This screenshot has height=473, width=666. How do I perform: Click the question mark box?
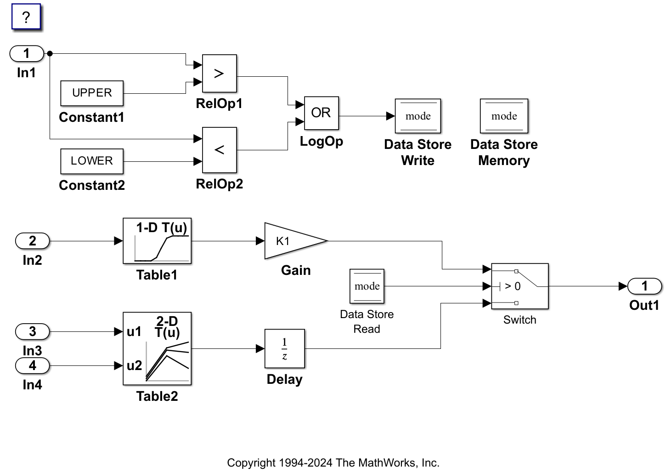coord(26,17)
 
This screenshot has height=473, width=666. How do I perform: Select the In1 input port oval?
coord(27,54)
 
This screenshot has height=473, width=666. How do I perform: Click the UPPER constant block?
coord(92,93)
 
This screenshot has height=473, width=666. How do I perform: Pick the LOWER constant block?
coord(92,161)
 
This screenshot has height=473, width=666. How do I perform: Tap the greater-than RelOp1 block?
coord(219,74)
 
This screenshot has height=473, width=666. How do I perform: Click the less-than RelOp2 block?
coord(219,150)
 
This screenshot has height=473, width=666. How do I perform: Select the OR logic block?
coord(321,113)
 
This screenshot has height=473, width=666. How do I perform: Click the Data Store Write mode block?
coord(418,116)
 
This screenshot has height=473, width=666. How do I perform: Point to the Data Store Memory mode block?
coord(504,116)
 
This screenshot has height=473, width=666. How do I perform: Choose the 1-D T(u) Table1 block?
coord(157,241)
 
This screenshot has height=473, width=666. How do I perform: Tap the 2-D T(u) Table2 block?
coord(157,348)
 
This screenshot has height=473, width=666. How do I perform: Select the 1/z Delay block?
coord(284,348)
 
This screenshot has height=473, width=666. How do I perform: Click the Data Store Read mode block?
coord(367,286)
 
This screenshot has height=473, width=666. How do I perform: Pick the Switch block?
coord(519,286)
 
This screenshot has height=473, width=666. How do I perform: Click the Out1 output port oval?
coord(644,286)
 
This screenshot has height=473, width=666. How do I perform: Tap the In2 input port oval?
coord(32,241)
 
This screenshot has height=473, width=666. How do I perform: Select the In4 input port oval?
coord(32,366)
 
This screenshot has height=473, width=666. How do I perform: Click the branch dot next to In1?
coord(50,54)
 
